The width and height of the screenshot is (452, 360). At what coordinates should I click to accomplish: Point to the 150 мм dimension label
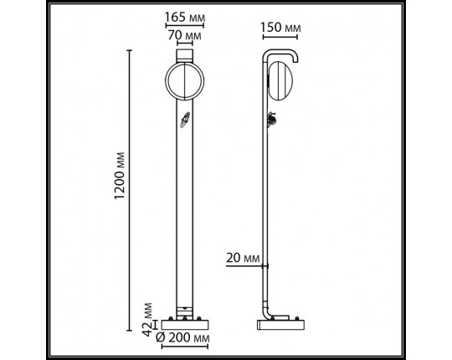280,27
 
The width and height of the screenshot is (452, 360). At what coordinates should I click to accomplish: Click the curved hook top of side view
281,54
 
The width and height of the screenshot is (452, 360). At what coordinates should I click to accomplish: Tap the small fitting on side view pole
272,122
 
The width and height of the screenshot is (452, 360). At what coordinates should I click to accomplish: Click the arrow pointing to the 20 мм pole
261,265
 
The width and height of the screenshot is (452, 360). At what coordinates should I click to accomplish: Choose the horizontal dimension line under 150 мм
281,39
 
